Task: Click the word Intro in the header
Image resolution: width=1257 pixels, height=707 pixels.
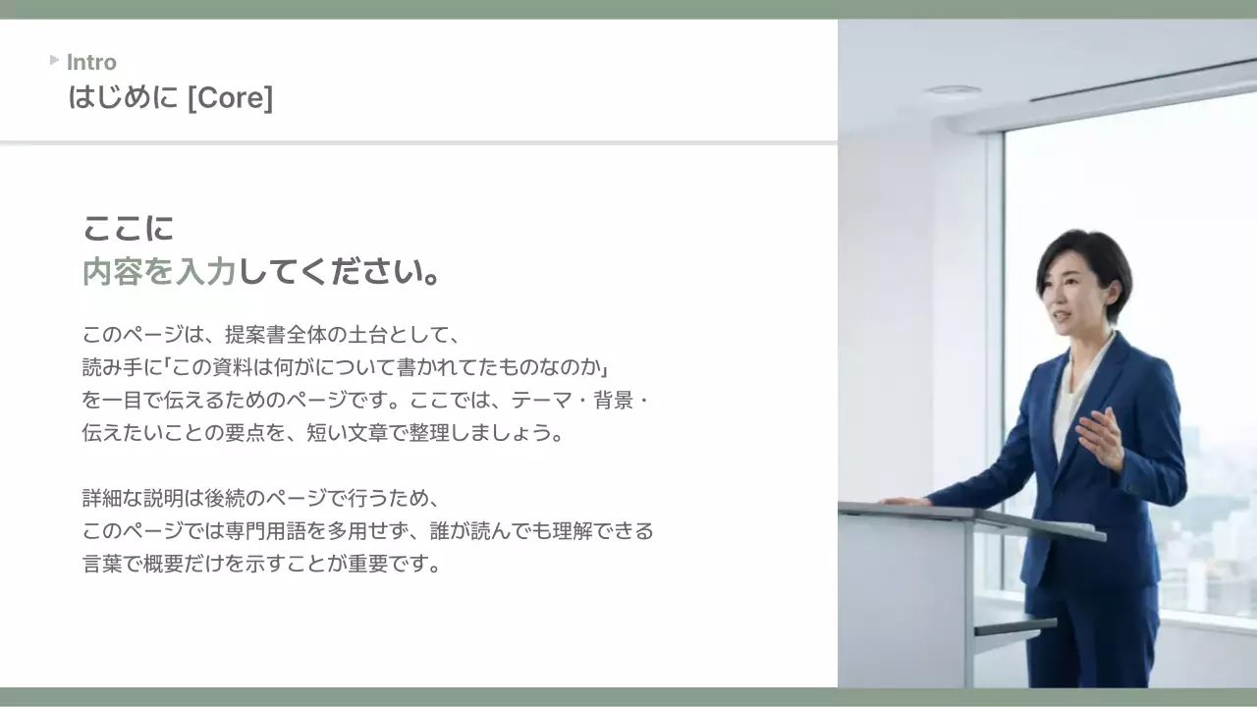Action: point(91,63)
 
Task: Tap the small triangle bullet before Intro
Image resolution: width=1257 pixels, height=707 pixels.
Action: point(55,60)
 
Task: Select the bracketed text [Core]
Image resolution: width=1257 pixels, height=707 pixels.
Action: point(230,98)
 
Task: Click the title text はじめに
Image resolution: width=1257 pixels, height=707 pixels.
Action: point(123,98)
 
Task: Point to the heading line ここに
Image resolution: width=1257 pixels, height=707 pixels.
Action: point(128,229)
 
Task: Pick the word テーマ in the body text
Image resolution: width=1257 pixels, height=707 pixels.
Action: point(538,401)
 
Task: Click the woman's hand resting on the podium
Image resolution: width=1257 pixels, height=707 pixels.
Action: point(904,501)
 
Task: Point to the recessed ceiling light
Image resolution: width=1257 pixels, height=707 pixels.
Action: point(952,89)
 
